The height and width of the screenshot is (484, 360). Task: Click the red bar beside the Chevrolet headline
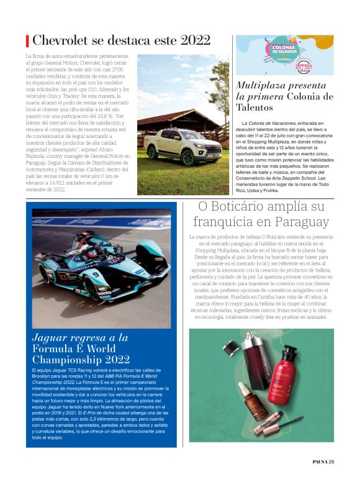(x=27, y=41)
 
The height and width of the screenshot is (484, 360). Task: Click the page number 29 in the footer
(x=331, y=461)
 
